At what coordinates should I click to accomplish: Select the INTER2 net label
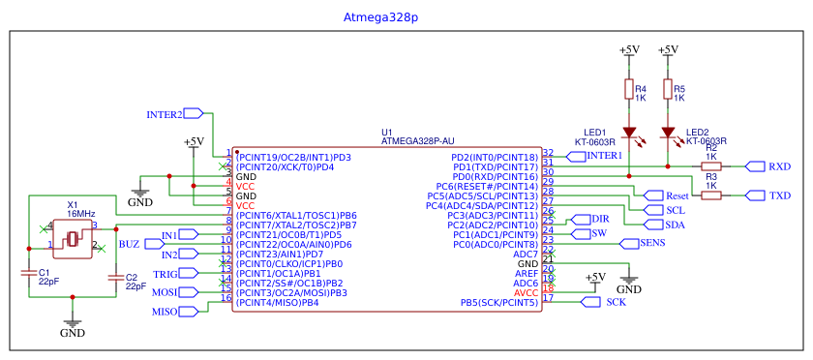165,114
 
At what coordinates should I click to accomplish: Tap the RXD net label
779,166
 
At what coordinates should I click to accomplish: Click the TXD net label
780,195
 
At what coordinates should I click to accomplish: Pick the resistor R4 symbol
628,90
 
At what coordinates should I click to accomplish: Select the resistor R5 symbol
667,90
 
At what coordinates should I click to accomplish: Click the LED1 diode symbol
628,133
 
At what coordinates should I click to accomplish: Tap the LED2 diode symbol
667,133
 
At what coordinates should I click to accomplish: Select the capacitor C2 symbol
116,278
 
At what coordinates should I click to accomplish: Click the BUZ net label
129,244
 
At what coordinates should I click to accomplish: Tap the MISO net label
165,312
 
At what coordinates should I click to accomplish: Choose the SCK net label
616,303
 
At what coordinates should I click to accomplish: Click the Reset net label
677,195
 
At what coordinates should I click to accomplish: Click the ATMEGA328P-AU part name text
418,141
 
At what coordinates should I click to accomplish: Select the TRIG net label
166,274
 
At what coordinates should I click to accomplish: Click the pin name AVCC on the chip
526,292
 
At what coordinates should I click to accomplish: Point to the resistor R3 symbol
710,195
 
